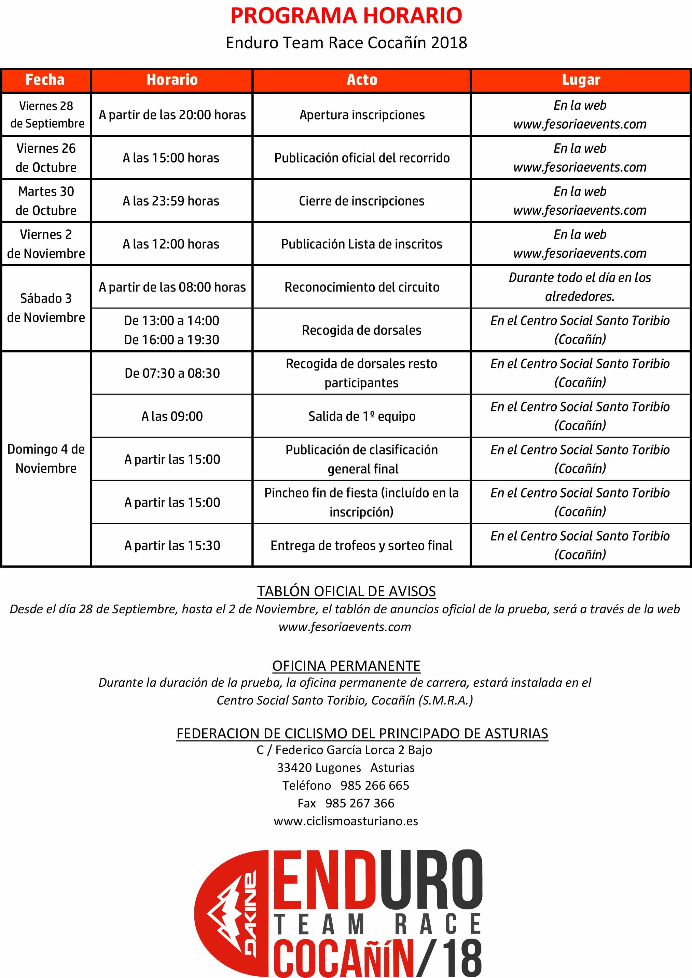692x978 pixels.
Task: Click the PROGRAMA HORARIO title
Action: [x=346, y=16]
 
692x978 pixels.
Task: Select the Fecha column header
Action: [x=45, y=80]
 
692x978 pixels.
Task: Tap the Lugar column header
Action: [x=580, y=80]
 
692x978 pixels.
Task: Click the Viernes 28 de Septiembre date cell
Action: [x=46, y=114]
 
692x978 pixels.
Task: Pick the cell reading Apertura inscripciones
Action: [x=362, y=115]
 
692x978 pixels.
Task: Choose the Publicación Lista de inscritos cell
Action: [x=361, y=244]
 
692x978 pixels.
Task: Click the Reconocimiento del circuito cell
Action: [x=362, y=287]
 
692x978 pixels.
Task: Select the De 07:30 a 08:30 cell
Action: [x=172, y=373]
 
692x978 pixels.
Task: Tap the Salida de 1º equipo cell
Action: [x=362, y=416]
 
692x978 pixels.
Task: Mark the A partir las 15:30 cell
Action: [x=172, y=545]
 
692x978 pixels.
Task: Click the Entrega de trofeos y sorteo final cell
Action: [x=361, y=545]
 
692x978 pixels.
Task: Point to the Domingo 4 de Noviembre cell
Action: [x=46, y=458]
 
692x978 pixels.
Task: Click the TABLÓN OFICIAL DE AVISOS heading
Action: [x=346, y=591]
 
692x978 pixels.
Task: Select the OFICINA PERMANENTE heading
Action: [x=346, y=666]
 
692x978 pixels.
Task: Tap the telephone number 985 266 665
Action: [x=375, y=785]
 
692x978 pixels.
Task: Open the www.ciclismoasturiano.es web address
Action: [x=346, y=821]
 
